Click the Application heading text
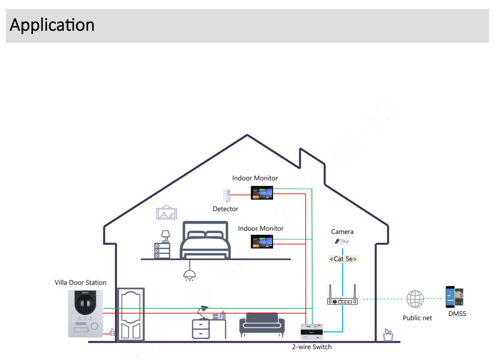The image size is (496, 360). pyautogui.click(x=52, y=25)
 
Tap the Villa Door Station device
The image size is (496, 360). pyautogui.click(x=85, y=313)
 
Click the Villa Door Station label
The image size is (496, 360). pyautogui.click(x=80, y=283)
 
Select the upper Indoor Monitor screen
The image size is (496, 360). pyautogui.click(x=262, y=193)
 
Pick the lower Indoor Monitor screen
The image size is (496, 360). pyautogui.click(x=262, y=241)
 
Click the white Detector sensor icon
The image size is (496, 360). pyautogui.click(x=227, y=195)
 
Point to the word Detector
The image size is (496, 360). pyautogui.click(x=225, y=209)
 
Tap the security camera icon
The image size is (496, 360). pyautogui.click(x=342, y=241)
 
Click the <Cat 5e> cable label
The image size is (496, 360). pyautogui.click(x=343, y=259)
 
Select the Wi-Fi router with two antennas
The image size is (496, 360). pyautogui.click(x=343, y=296)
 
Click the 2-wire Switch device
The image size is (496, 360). pyautogui.click(x=312, y=332)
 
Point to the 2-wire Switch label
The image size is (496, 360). pyautogui.click(x=312, y=347)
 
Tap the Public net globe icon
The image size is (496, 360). pyautogui.click(x=415, y=299)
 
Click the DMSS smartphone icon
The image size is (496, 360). pyautogui.click(x=455, y=297)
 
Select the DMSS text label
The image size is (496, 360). pyautogui.click(x=457, y=314)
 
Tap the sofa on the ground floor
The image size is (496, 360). pyautogui.click(x=261, y=325)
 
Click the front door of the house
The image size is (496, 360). pyautogui.click(x=130, y=314)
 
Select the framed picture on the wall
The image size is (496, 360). pyautogui.click(x=167, y=212)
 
